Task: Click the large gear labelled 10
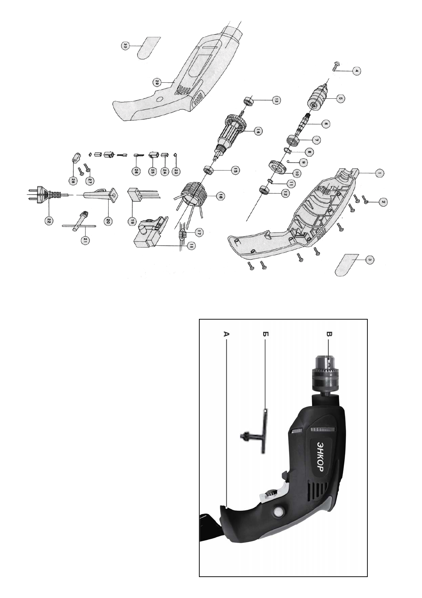point(277,167)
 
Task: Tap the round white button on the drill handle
point(278,512)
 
